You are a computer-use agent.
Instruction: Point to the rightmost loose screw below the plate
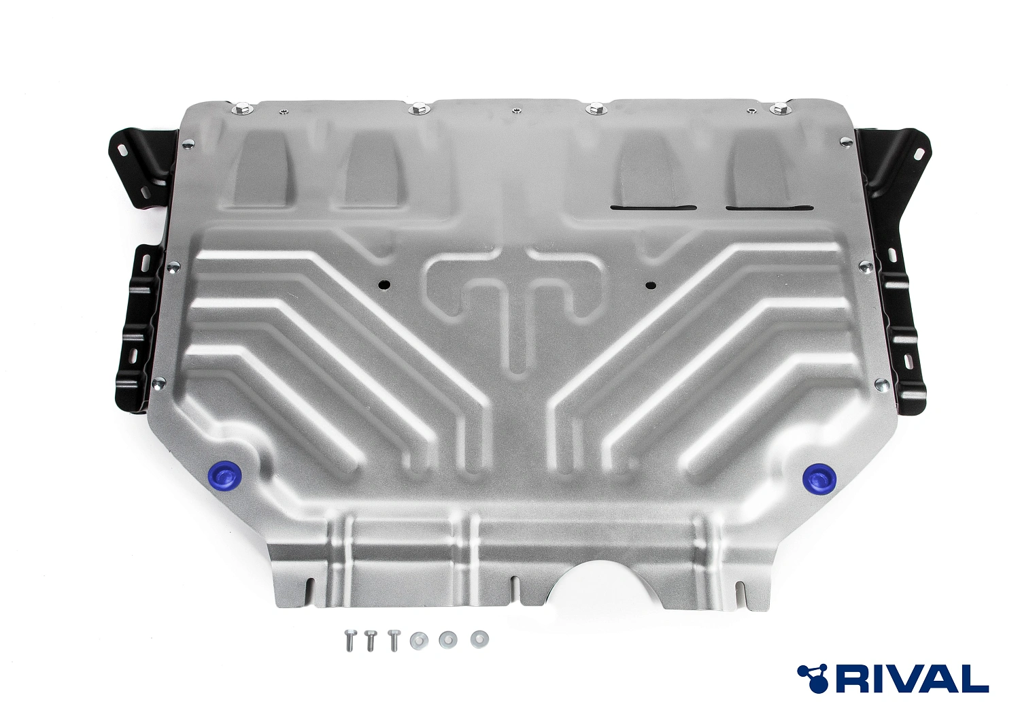click(394, 640)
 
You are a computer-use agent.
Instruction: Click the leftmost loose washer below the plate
click(419, 639)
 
